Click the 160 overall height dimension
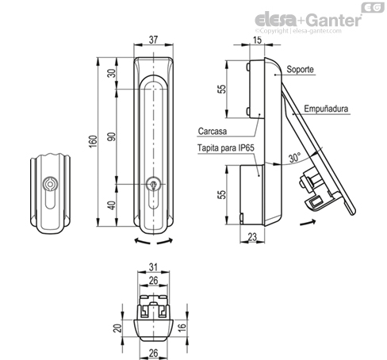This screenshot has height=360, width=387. pos(93,141)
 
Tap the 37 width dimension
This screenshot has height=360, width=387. pos(153,40)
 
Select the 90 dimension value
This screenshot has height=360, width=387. pos(112,136)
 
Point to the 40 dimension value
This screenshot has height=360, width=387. pos(112,205)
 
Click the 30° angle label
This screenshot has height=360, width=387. pos(294,157)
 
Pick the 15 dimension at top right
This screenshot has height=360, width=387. pos(257,40)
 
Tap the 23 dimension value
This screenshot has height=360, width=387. pos(252,237)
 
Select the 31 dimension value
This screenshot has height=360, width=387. pos(153,267)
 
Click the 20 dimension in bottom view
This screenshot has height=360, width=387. pos(117,328)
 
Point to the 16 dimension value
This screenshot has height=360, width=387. pos(182,327)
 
